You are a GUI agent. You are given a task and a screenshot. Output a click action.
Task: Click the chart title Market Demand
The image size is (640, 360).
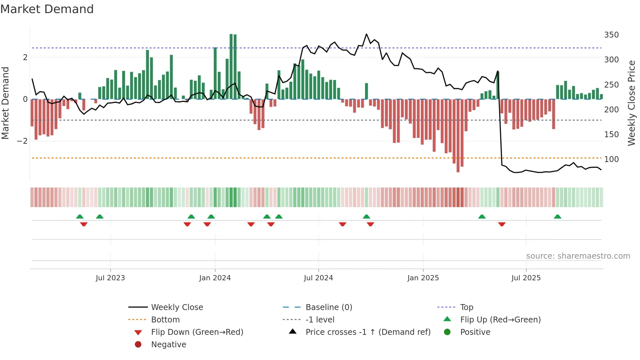[x=47, y=9]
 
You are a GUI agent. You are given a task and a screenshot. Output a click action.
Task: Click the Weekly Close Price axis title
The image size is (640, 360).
[x=632, y=103]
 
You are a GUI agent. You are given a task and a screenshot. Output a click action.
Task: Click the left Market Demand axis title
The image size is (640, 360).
[x=6, y=103]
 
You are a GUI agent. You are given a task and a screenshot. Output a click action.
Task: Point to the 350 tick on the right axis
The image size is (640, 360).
[x=611, y=35]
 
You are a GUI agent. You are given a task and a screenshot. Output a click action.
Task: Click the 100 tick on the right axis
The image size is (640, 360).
[x=611, y=159]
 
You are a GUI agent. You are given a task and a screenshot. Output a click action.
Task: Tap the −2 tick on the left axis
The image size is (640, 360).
[x=23, y=141]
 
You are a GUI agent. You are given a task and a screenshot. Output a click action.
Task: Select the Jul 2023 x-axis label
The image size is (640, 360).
[x=110, y=278]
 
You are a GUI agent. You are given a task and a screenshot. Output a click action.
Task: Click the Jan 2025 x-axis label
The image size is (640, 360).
[x=423, y=278]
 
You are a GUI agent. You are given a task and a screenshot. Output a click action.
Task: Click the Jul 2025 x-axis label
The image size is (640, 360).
[x=526, y=278]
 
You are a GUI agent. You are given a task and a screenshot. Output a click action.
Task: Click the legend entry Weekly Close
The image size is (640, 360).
[x=177, y=307]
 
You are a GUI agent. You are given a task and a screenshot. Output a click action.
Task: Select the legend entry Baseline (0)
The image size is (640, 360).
[x=328, y=307]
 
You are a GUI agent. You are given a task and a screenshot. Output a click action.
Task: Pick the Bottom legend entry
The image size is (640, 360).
[x=165, y=320]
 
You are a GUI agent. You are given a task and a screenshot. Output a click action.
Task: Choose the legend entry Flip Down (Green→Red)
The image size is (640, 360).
[x=197, y=332]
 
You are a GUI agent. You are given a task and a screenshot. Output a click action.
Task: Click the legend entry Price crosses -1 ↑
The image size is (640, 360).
[x=368, y=332]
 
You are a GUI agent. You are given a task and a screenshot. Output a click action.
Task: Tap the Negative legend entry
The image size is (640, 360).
[x=168, y=345]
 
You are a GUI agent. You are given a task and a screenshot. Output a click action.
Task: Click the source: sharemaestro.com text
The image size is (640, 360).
[x=578, y=256]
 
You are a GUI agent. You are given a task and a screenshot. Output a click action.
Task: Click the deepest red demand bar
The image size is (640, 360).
[x=458, y=136]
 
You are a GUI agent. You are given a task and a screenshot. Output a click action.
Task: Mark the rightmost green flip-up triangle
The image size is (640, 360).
[x=557, y=217]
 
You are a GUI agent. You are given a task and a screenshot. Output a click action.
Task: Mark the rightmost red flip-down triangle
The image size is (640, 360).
[x=502, y=224]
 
